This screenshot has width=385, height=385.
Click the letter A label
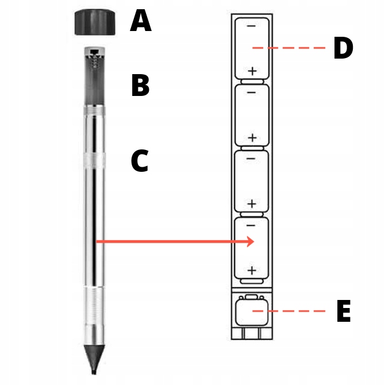pos(141,21)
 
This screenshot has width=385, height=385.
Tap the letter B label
pos(140,85)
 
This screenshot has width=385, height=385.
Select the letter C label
pos(140,160)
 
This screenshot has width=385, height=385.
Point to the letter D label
pos(344,48)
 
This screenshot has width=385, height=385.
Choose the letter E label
pos(344,311)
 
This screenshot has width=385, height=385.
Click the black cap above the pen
pos(95,22)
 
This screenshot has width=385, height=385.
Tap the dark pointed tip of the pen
pos(94,360)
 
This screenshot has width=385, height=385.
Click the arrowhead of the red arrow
pos(250,241)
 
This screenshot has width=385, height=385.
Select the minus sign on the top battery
pos(251,26)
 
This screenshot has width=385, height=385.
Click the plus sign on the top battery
pos(252,71)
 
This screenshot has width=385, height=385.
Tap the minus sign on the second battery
pos(251,93)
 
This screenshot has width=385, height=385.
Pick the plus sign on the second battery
pos(252,138)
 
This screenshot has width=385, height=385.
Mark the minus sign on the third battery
pos(251,159)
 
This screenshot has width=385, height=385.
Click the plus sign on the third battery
pos(252,204)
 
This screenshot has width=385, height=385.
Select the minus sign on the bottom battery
pos(251,225)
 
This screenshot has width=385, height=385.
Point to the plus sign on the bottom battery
pos(252,271)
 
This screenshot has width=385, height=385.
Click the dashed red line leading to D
pos(288,48)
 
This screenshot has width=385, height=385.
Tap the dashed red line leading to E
pos(288,311)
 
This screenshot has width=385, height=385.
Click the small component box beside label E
pos(252,310)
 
